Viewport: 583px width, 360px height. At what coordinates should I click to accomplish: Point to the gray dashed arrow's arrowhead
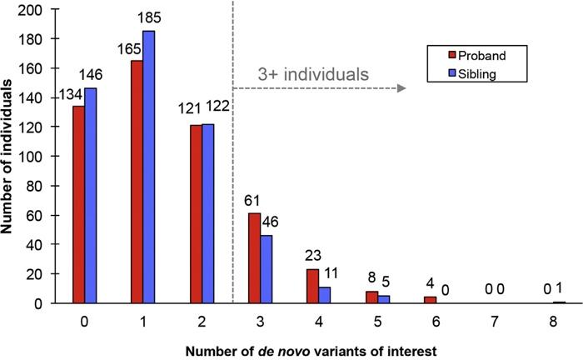point(402,87)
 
